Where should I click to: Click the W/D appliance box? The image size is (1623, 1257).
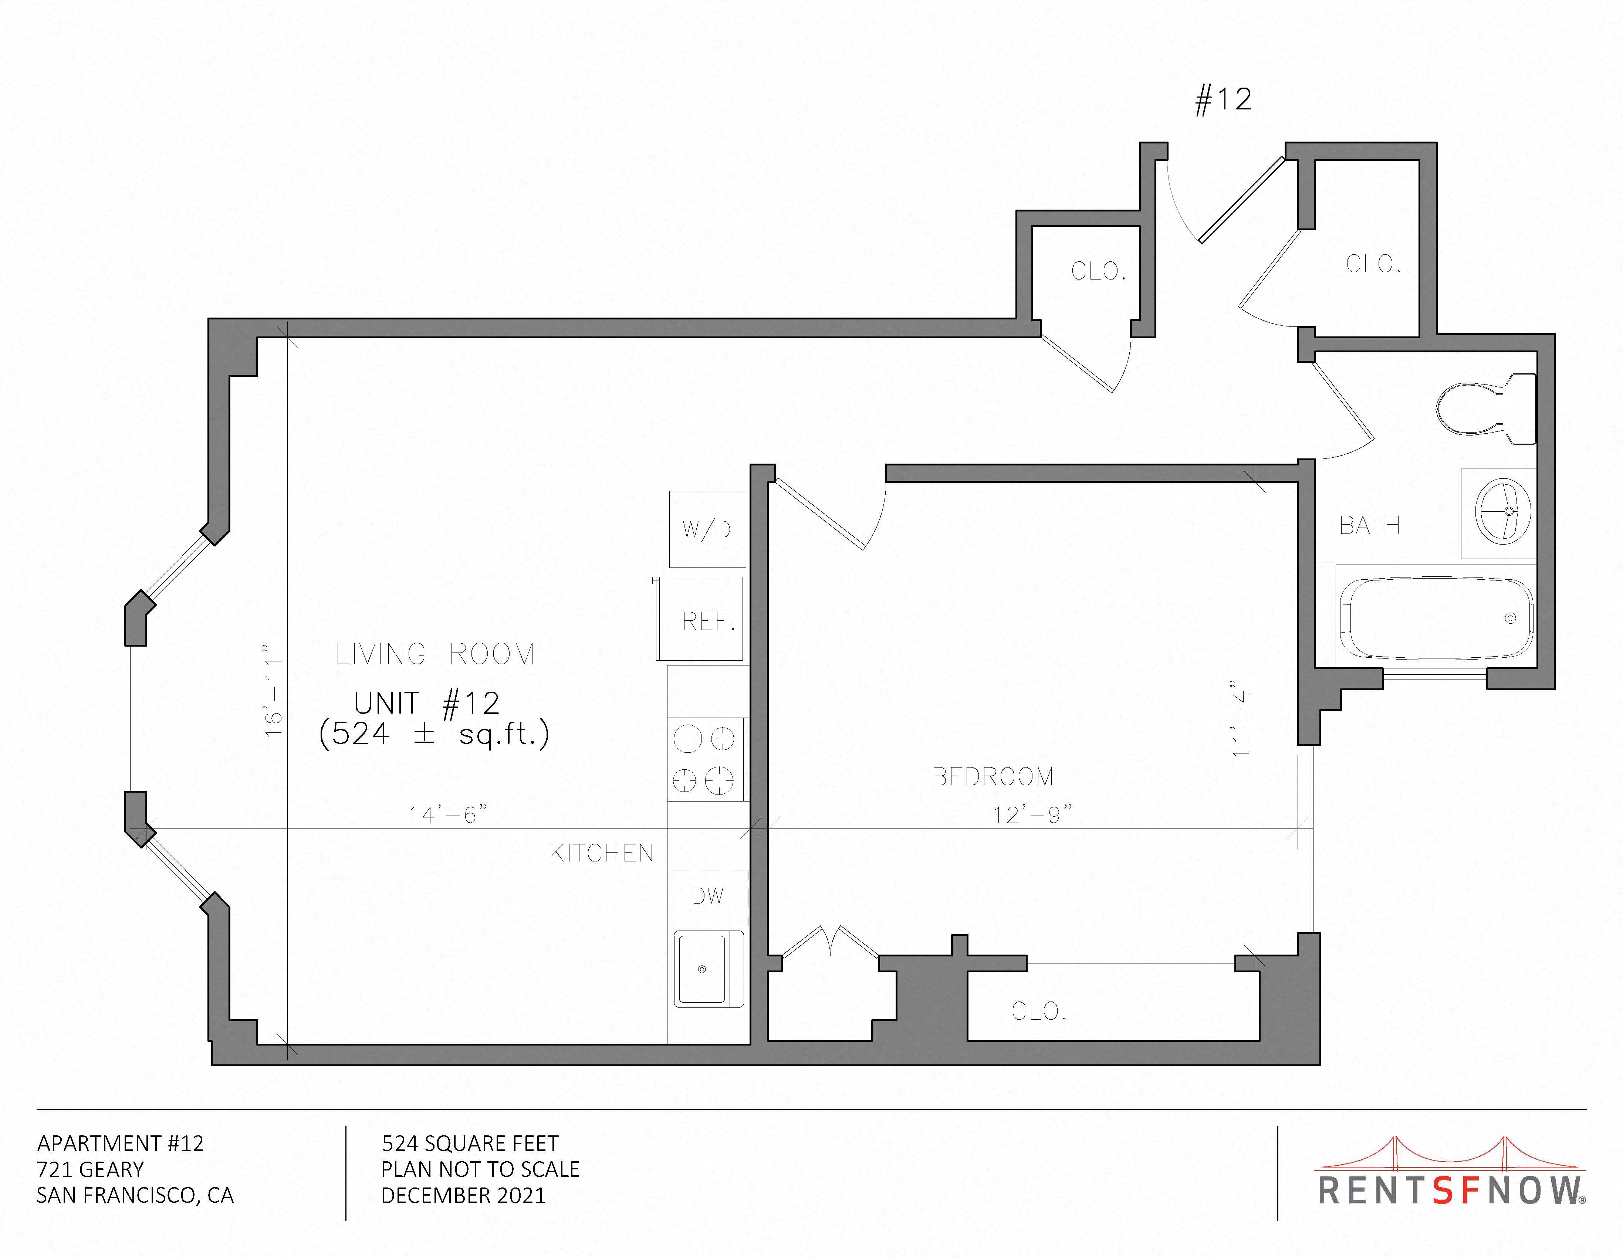tap(707, 529)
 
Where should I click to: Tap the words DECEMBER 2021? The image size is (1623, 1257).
tap(463, 1195)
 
